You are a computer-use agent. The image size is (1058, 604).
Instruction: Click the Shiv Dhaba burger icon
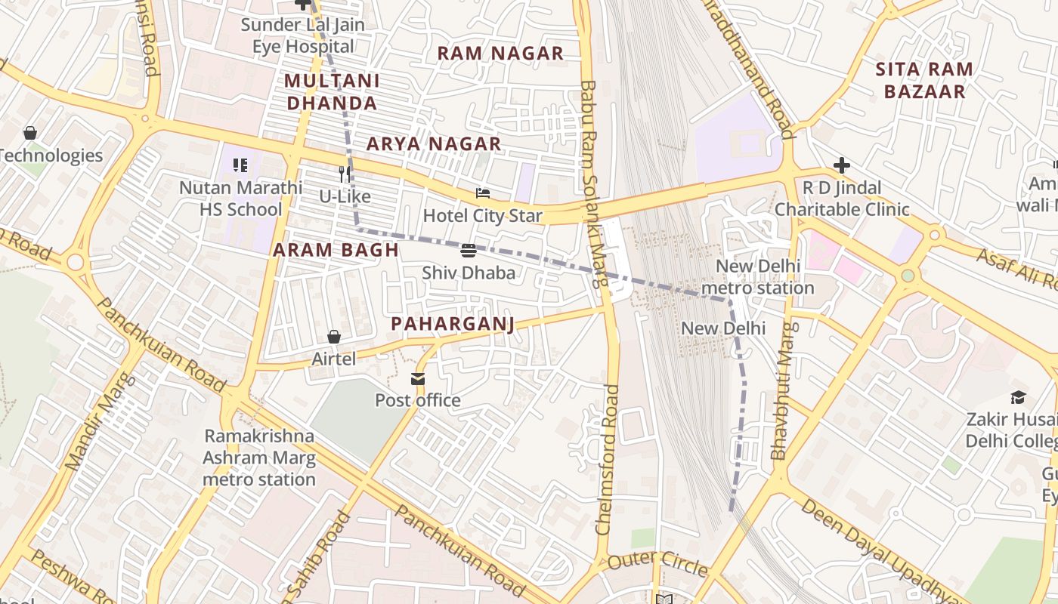tap(468, 250)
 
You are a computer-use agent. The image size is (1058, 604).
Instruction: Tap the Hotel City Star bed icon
tap(482, 193)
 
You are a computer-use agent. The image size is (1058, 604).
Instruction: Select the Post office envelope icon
tap(418, 378)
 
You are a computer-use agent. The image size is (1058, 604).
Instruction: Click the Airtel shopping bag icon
tap(334, 337)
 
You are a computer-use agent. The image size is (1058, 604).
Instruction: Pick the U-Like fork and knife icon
tap(345, 174)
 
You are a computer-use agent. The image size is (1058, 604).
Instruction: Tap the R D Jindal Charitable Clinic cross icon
tap(842, 165)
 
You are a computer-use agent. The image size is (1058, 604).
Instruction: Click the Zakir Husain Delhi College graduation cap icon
tap(1018, 397)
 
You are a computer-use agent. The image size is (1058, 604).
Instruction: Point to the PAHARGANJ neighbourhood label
tap(453, 324)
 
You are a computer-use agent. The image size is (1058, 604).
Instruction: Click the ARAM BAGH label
tap(336, 251)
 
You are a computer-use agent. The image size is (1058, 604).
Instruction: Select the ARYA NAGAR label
tap(434, 143)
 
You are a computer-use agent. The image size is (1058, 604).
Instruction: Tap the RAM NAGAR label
tap(500, 54)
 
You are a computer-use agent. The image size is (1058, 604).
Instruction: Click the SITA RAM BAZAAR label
tap(924, 81)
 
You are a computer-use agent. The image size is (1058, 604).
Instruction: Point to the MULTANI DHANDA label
tap(332, 91)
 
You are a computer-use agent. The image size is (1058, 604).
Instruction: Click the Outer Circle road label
tap(657, 562)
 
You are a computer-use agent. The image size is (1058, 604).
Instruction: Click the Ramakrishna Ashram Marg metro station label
tap(259, 458)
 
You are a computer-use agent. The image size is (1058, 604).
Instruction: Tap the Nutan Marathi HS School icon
tap(240, 165)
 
